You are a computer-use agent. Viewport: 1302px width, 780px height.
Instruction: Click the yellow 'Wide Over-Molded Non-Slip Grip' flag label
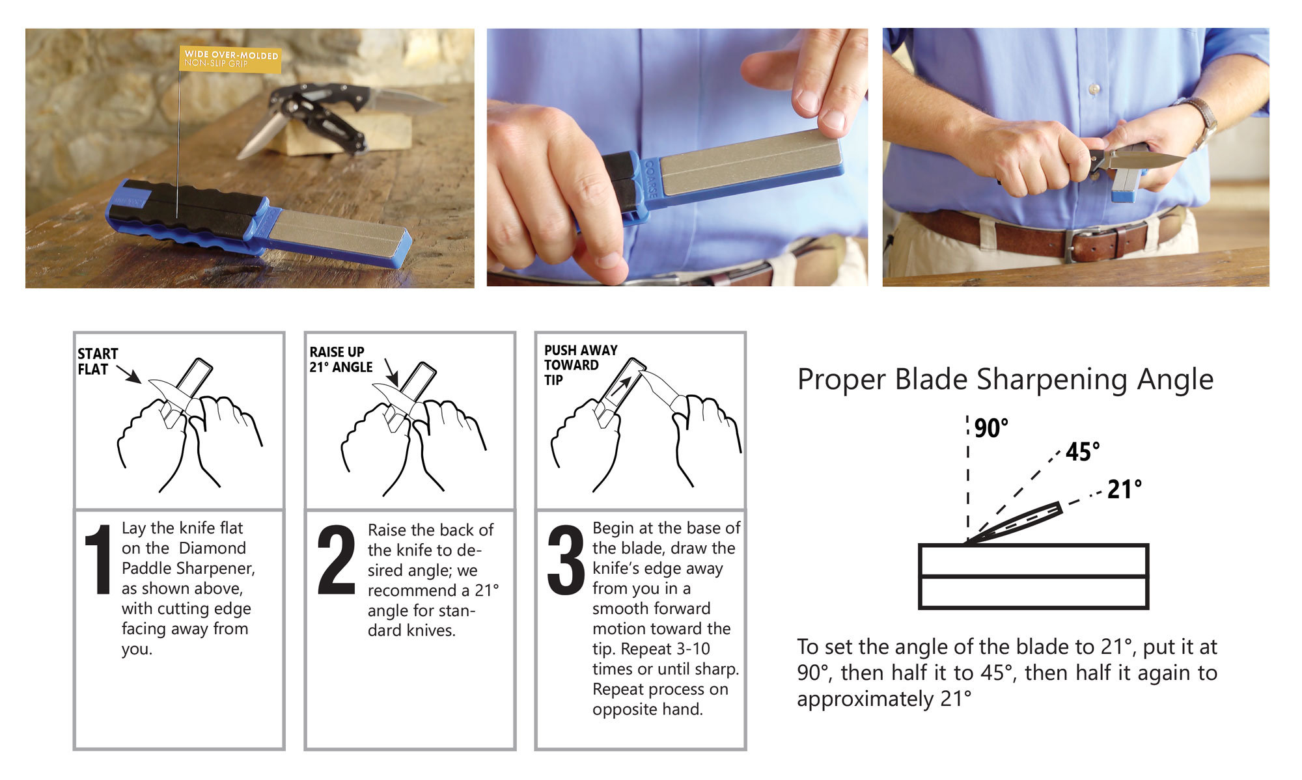coord(230,59)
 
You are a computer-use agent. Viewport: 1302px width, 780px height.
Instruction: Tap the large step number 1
coord(98,559)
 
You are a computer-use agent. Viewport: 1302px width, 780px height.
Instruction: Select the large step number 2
coord(335,560)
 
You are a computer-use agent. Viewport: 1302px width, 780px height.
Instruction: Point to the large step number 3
coord(566,560)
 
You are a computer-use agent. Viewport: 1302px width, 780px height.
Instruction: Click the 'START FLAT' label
coord(97,362)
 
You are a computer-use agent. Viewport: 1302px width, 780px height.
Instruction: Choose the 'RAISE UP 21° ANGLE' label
coord(340,360)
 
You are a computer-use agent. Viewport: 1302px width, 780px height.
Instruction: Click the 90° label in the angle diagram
coord(991,429)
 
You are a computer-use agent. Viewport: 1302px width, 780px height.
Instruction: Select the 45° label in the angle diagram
coord(1082,452)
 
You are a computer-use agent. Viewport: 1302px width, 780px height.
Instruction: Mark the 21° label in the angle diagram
coord(1124,490)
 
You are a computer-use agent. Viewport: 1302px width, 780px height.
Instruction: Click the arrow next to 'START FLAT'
coord(129,375)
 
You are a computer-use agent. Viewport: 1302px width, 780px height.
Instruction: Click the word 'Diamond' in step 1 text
coord(212,548)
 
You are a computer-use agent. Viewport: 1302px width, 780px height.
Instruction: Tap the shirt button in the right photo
coord(1094,88)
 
